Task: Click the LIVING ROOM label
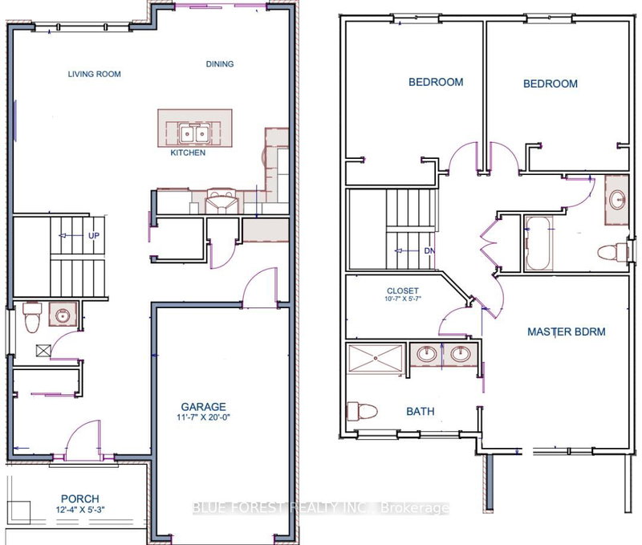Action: coord(94,75)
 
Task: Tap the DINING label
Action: coord(220,64)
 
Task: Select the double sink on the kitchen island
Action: coord(193,132)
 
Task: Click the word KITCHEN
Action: coord(187,153)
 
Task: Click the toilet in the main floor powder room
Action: coord(30,317)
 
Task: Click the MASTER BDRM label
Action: coord(566,331)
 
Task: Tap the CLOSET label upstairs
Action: coord(402,291)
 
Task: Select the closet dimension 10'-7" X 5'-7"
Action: coord(403,301)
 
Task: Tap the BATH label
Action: coord(420,412)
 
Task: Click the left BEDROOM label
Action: coord(436,82)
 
